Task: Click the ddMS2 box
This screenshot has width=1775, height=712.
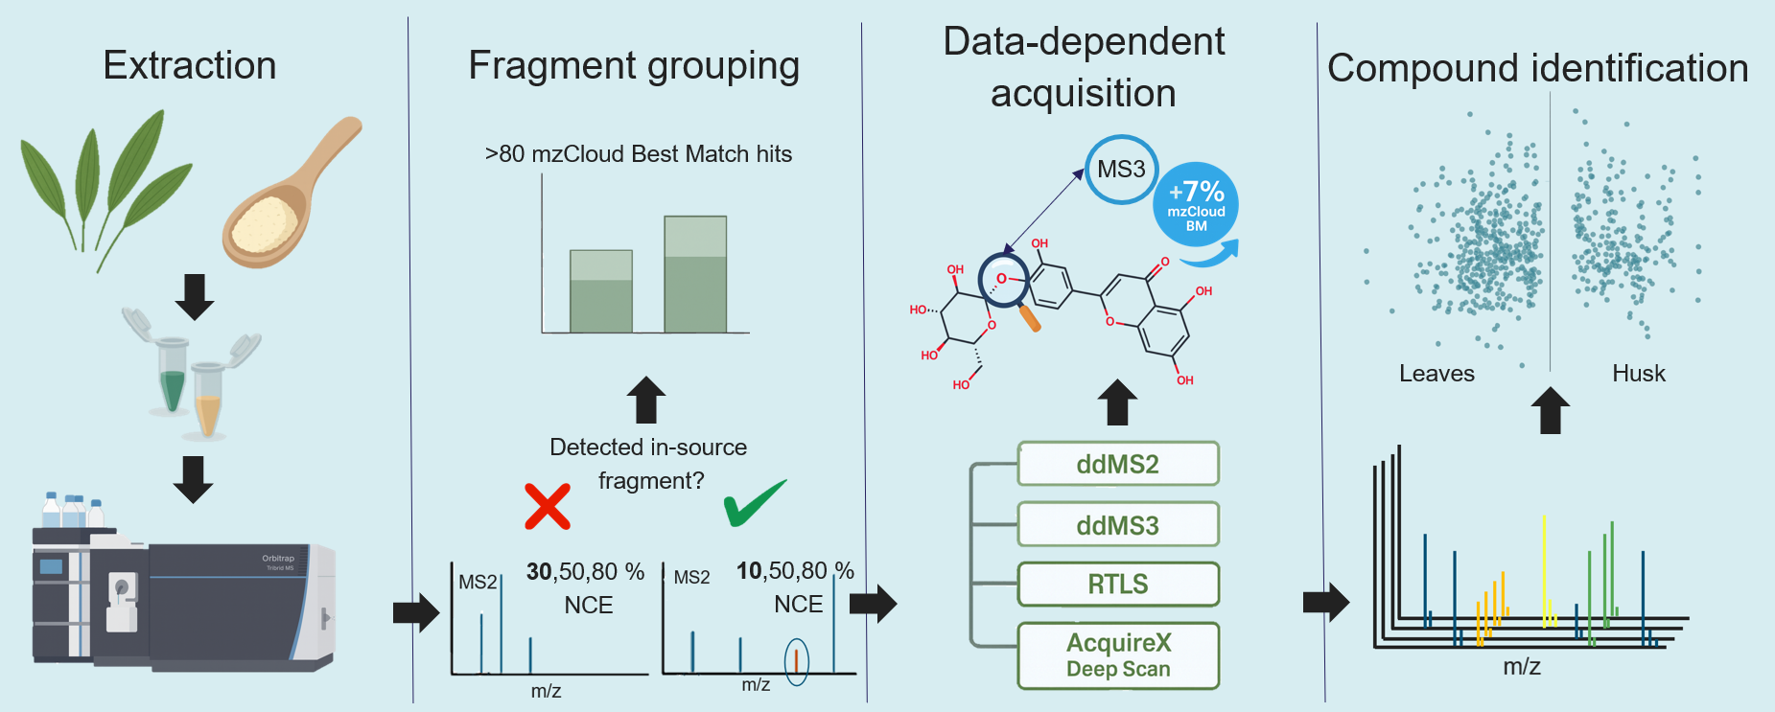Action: point(1118,464)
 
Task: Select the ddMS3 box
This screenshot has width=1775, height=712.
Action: point(1118,525)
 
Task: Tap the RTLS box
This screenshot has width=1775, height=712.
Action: point(1118,585)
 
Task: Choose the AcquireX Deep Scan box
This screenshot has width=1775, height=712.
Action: point(1118,655)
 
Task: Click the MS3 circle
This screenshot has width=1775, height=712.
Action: point(1121,170)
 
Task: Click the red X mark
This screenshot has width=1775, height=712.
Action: point(548,506)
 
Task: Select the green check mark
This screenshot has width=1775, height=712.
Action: point(754,502)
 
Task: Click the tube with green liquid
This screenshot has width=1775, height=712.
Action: point(172,379)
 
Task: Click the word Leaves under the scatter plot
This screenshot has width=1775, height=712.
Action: point(1436,374)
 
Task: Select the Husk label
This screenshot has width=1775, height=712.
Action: point(1638,374)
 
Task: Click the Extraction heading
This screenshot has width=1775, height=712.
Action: point(190,65)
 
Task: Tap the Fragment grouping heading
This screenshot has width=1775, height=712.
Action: point(634,65)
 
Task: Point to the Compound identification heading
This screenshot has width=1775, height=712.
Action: point(1537,68)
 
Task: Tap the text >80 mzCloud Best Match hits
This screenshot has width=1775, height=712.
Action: point(639,154)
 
